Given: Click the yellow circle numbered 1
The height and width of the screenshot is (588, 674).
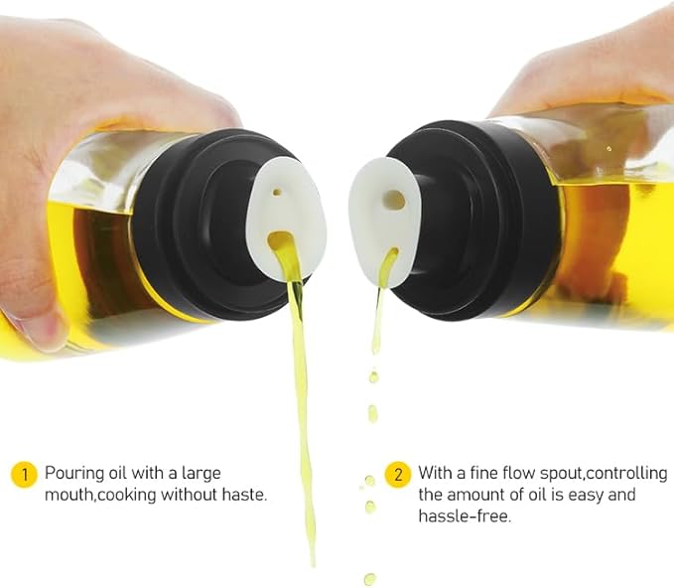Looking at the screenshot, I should click(x=23, y=474).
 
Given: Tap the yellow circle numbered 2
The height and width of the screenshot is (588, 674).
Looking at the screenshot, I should click(x=398, y=474).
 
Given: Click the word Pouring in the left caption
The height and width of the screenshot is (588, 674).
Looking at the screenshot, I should click(x=73, y=473).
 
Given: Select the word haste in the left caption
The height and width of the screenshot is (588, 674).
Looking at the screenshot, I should click(x=244, y=495).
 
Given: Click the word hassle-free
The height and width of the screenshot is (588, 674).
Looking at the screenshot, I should click(x=465, y=516).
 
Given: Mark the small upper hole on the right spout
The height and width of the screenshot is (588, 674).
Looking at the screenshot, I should click(x=394, y=200).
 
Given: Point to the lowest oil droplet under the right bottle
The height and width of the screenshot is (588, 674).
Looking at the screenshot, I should click(x=370, y=578).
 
